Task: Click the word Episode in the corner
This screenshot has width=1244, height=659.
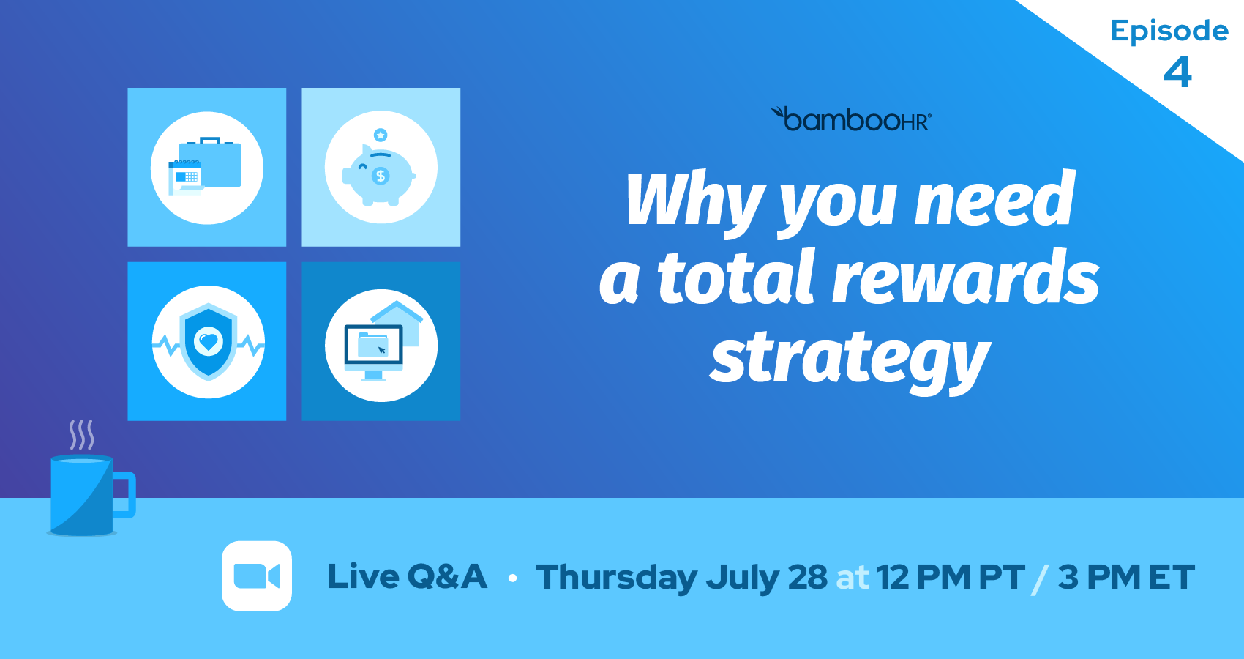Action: pos(1169,31)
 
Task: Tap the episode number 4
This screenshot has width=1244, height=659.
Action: pos(1177,72)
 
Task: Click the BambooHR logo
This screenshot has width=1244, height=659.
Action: pos(851,119)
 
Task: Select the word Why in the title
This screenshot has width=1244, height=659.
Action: pos(694,201)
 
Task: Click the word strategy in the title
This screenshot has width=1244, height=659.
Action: pos(850,359)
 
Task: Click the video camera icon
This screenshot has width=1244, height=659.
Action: pos(257,576)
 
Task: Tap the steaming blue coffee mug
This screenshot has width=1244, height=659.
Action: pos(82,496)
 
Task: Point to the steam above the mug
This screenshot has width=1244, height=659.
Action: pos(81,435)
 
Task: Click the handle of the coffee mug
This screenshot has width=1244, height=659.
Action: pos(126,495)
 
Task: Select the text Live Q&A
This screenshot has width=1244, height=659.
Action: pos(407,576)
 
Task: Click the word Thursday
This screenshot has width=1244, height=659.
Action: pos(616,578)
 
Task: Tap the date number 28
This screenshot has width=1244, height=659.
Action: pos(808,577)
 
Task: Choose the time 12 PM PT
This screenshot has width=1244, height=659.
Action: pos(950,577)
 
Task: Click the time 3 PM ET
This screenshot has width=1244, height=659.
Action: pos(1125,577)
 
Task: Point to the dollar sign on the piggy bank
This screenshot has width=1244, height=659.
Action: pos(381,176)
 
